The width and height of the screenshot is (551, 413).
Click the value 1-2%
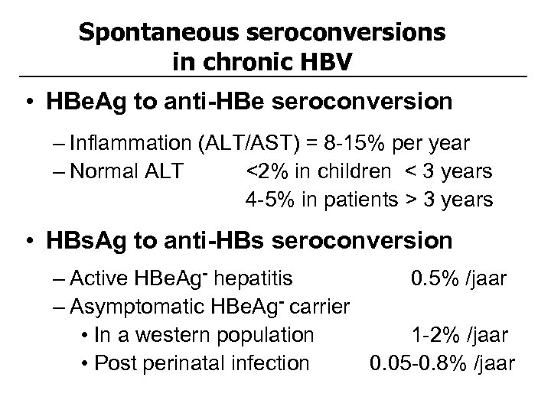(433, 335)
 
